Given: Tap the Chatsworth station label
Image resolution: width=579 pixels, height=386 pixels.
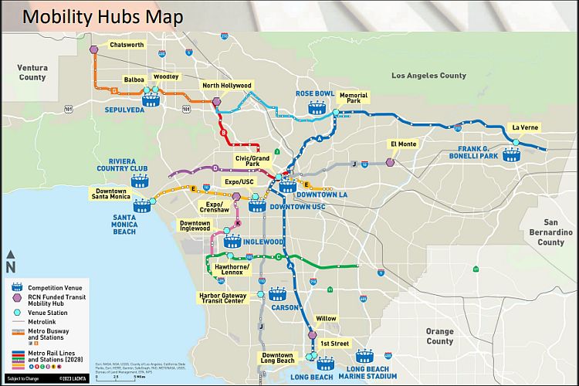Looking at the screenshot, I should tap(127, 45).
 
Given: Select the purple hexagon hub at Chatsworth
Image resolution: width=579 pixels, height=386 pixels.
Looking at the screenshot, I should tap(94, 49).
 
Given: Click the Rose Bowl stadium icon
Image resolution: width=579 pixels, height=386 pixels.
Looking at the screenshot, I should tap(315, 108).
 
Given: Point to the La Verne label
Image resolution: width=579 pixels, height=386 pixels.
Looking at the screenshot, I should tap(525, 127).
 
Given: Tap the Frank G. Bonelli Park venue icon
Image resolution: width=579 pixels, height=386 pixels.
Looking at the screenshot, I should tap(510, 154).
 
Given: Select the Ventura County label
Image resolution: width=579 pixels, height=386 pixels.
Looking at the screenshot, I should tap(32, 73).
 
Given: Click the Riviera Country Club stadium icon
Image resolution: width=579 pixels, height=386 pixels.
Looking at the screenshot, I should tap(139, 182).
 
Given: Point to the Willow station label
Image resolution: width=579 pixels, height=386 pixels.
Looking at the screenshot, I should tap(326, 318).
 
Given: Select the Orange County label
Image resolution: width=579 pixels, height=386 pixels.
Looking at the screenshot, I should tap(440, 336).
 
